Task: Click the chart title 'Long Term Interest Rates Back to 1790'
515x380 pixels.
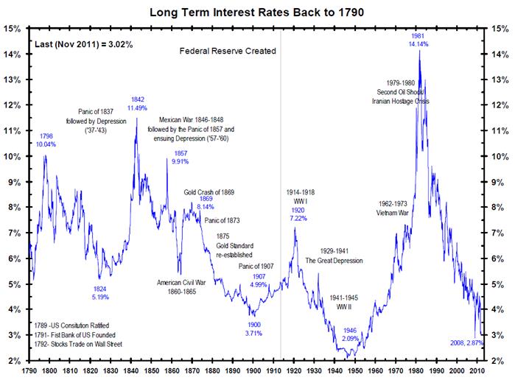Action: (257, 12)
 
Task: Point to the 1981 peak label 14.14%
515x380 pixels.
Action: (419, 43)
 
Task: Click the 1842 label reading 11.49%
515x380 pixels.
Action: (137, 108)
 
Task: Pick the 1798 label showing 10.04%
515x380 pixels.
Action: (46, 144)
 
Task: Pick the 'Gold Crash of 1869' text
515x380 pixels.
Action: (209, 191)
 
